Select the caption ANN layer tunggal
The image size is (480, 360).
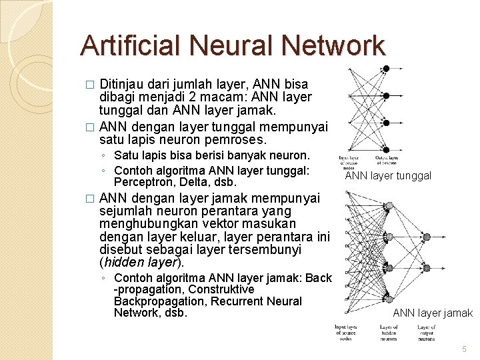point(388,176)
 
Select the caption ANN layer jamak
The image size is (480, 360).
point(433,313)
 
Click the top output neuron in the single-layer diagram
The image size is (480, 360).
point(386,68)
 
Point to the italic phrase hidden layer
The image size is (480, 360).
point(141,262)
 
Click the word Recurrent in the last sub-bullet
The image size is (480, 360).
point(233,301)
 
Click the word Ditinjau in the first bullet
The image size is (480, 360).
point(124,85)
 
